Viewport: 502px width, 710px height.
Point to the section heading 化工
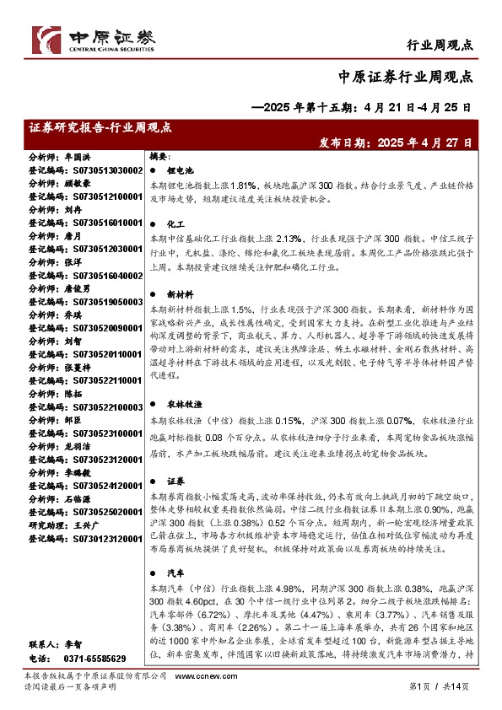click(x=175, y=226)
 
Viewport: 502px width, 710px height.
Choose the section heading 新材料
click(x=179, y=296)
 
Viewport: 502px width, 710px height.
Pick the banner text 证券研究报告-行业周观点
click(x=100, y=127)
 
